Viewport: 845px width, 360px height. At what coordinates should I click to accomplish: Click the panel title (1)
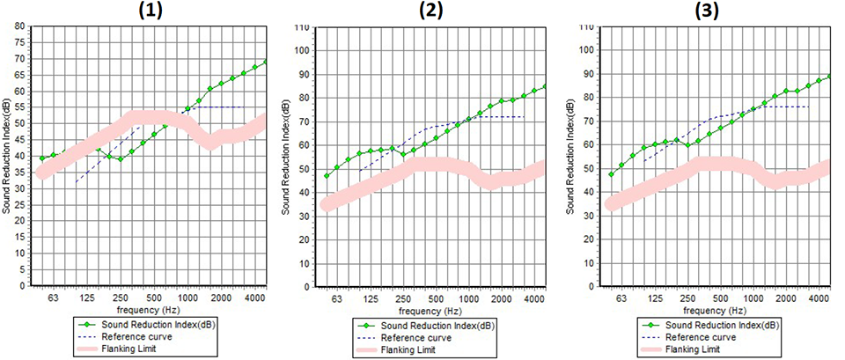tap(145, 11)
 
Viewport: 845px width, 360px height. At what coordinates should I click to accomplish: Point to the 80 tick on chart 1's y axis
tap(20, 26)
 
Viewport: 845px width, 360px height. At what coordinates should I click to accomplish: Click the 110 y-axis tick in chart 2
tap(301, 27)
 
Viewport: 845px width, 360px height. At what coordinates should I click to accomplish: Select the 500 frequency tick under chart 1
tap(154, 298)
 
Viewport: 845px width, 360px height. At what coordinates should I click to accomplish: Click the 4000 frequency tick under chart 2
tap(534, 299)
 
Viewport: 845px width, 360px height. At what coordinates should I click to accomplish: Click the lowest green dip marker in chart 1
tap(121, 158)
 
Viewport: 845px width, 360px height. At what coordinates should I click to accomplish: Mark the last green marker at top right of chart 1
tap(266, 62)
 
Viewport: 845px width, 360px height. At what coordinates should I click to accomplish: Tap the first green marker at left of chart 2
tap(327, 176)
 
